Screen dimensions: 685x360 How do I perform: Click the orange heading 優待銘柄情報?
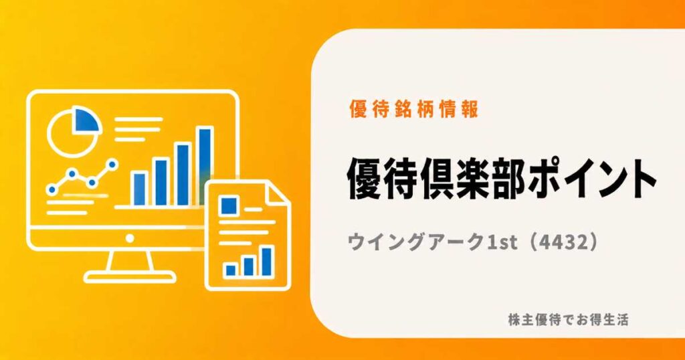coord(413,109)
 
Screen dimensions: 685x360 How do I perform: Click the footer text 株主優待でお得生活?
coord(568,320)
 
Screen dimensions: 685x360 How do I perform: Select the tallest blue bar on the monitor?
coord(205,166)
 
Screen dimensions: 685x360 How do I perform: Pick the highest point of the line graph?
coord(112,164)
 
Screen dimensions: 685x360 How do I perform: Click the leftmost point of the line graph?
coord(52,189)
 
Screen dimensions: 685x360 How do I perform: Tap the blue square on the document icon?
coord(229,205)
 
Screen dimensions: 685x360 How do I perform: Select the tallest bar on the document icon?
coord(266,261)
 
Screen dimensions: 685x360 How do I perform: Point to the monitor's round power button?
coord(130,238)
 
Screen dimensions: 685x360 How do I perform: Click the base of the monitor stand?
coord(130,276)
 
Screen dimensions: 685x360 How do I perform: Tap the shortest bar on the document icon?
coord(230,270)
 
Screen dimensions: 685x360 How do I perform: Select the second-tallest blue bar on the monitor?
coord(183,174)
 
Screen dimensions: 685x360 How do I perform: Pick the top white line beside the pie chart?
coord(138,119)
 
